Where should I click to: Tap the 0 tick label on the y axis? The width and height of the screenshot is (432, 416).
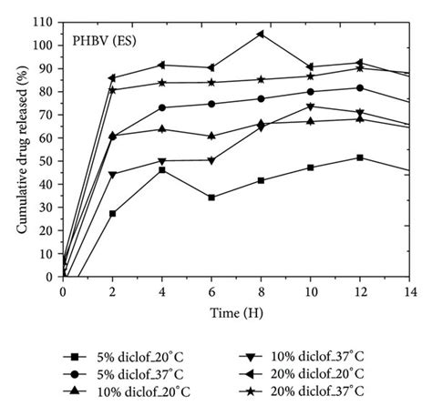49,277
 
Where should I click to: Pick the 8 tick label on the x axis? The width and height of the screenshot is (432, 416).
261,291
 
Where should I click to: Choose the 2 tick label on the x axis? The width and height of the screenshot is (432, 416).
112,291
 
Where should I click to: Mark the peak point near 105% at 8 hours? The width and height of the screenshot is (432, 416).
261,34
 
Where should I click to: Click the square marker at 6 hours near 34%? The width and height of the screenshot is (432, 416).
211,198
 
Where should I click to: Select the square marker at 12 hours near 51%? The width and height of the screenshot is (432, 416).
360,157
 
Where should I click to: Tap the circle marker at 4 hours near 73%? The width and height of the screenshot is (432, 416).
161,107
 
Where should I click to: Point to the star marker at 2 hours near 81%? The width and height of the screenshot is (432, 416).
112,89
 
